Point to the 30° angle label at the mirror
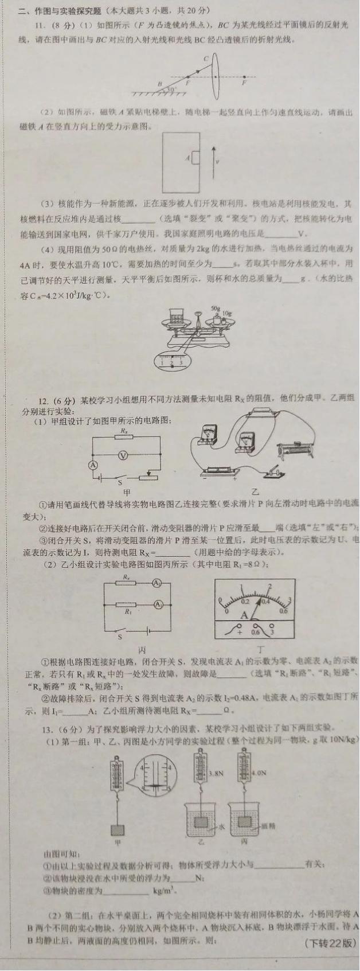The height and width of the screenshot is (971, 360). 171,89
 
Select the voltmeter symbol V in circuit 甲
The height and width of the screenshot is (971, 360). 122,454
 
